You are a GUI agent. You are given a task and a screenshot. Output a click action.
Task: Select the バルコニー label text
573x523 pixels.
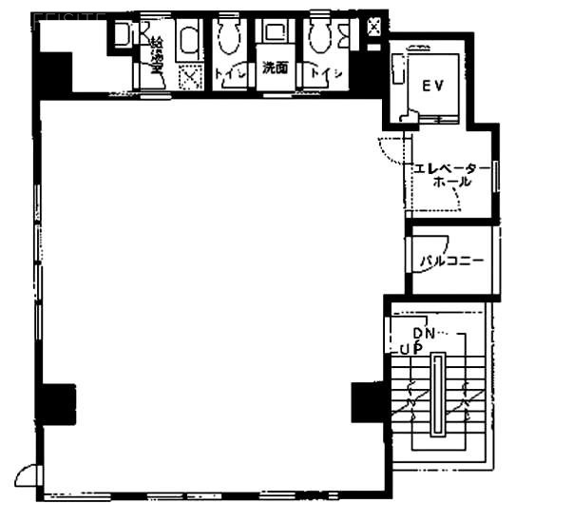(452, 259)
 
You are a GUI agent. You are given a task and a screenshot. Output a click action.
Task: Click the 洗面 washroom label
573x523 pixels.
(277, 68)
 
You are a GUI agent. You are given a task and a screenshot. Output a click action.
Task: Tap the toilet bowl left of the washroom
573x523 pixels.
(228, 37)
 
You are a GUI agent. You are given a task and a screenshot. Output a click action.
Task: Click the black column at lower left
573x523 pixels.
(56, 403)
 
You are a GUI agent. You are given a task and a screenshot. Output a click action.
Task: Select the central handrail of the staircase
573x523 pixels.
(437, 394)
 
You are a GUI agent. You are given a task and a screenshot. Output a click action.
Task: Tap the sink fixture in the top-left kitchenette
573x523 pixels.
(123, 36)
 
